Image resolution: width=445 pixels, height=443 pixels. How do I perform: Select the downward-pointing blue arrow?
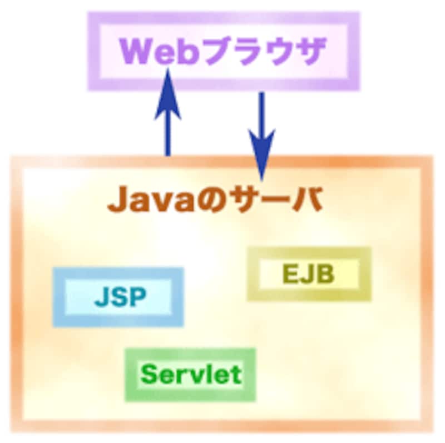pyautogui.click(x=261, y=133)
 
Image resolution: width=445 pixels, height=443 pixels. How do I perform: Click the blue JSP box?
pyautogui.click(x=118, y=297)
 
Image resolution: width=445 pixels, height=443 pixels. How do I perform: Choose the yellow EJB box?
pyautogui.click(x=309, y=274)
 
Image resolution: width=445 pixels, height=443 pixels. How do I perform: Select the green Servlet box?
pyautogui.click(x=190, y=374)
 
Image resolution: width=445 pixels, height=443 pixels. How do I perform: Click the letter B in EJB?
pyautogui.click(x=325, y=274)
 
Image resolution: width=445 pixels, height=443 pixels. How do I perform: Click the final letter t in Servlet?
pyautogui.click(x=236, y=374)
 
